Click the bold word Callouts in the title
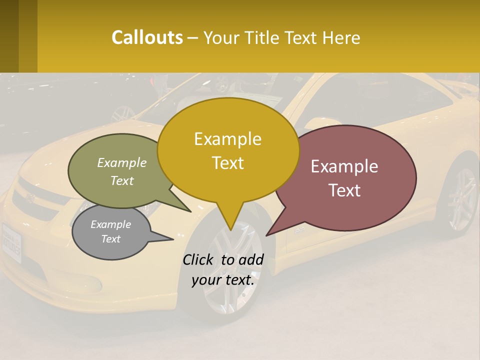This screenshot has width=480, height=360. [147, 37]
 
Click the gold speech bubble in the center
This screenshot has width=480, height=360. [228, 150]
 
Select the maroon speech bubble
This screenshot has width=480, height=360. [350, 177]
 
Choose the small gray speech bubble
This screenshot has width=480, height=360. [111, 231]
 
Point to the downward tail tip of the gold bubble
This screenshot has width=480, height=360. [230, 230]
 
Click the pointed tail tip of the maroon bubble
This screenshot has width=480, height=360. [266, 235]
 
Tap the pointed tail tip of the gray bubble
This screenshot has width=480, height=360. [173, 239]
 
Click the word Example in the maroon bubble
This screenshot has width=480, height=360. [344, 166]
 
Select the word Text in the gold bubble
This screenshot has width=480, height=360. [228, 163]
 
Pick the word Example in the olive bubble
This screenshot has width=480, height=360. [122, 162]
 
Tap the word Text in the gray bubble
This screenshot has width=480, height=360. [111, 239]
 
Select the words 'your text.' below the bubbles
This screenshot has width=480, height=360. [223, 280]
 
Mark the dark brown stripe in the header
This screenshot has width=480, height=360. [27, 36]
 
